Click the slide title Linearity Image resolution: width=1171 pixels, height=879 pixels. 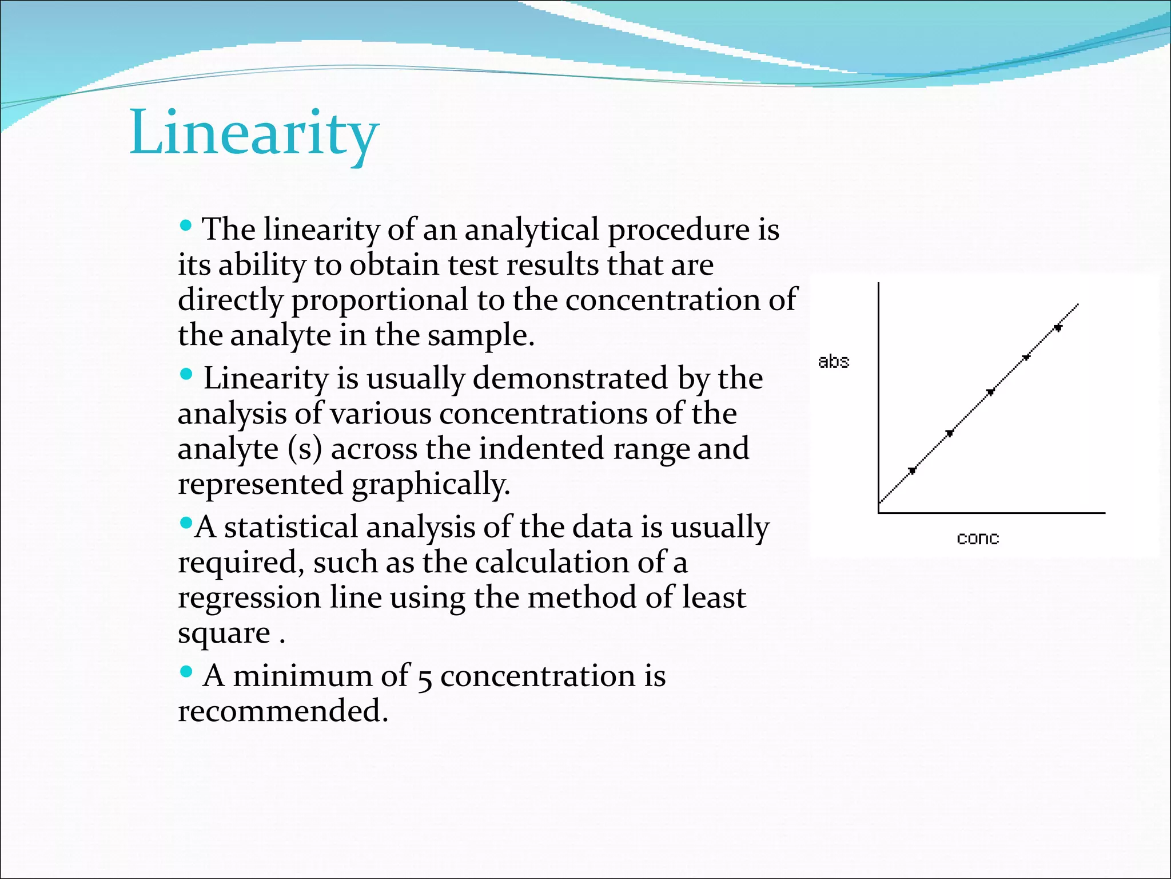click(x=254, y=133)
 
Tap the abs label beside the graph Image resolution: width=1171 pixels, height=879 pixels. click(x=834, y=362)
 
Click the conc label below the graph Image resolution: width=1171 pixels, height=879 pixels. click(x=978, y=539)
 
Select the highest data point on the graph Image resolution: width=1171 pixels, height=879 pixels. click(x=1058, y=328)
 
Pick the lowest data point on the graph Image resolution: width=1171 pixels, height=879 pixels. click(x=913, y=470)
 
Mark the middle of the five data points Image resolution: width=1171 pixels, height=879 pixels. click(x=991, y=392)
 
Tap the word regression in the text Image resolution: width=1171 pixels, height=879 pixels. click(x=249, y=597)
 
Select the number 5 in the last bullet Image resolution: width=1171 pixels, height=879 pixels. click(x=424, y=678)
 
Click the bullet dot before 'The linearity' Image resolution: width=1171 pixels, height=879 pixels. click(x=185, y=225)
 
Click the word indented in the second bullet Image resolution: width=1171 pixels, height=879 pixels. click(x=541, y=449)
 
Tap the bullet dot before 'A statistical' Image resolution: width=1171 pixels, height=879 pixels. click(x=185, y=522)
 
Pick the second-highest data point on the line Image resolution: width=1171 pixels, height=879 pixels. click(x=1027, y=357)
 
